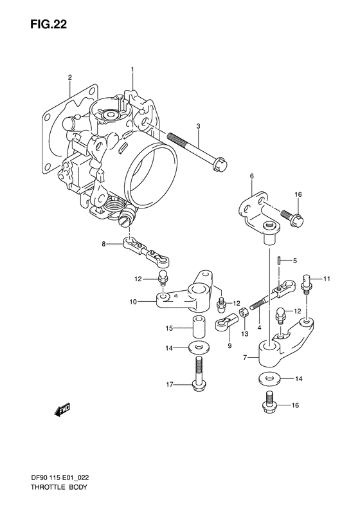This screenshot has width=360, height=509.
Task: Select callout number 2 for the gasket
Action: tap(69, 78)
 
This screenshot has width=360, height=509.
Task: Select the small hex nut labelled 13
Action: tap(244, 313)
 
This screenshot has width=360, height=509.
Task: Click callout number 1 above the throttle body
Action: tap(133, 69)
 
